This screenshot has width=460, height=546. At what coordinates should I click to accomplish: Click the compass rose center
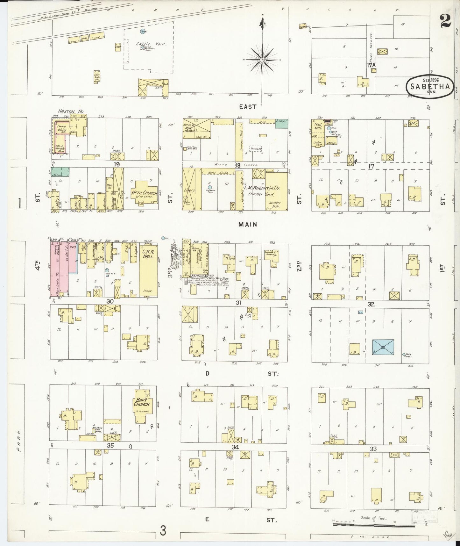click(262, 60)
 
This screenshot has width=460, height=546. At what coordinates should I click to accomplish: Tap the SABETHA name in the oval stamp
click(430, 86)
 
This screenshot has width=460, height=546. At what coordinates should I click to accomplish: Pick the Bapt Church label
click(142, 402)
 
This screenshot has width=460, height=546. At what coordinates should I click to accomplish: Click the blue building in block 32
click(383, 347)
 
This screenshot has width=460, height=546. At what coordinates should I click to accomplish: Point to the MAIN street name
click(248, 224)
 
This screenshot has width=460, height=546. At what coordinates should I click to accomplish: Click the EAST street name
click(248, 107)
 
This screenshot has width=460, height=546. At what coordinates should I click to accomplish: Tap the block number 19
click(117, 164)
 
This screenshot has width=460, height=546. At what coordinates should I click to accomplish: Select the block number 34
click(235, 447)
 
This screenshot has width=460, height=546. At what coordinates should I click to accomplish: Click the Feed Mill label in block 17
click(318, 126)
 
